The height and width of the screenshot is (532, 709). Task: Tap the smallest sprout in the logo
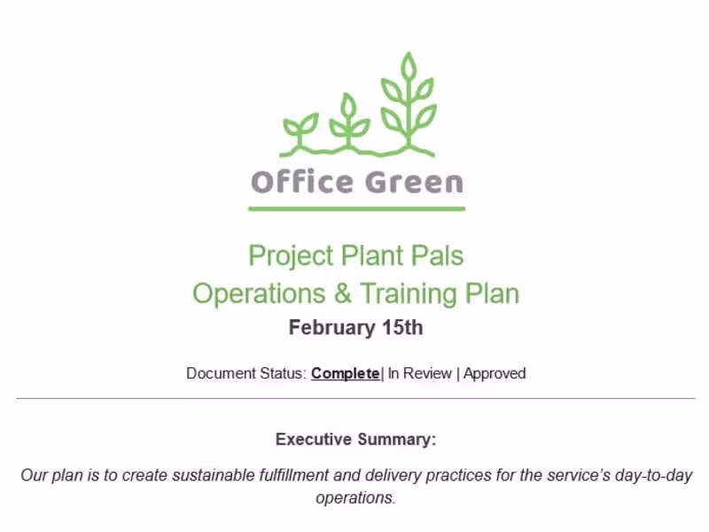click(300, 131)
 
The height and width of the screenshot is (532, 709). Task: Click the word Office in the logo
click(302, 182)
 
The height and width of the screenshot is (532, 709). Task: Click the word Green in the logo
click(414, 182)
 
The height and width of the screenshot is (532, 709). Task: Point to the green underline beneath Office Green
click(356, 208)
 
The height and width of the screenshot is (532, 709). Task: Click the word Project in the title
click(291, 256)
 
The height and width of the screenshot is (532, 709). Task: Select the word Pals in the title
click(437, 255)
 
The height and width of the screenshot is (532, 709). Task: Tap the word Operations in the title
click(259, 294)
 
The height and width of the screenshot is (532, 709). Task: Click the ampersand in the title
click(342, 293)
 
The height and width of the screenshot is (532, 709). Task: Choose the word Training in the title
click(409, 294)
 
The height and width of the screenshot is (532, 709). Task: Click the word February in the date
click(331, 328)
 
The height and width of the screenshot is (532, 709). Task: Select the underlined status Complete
click(345, 373)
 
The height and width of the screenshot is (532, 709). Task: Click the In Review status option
click(419, 373)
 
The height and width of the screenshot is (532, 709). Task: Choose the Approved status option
click(495, 373)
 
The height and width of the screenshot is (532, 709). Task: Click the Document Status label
click(247, 373)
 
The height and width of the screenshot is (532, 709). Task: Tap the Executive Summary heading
click(356, 439)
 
